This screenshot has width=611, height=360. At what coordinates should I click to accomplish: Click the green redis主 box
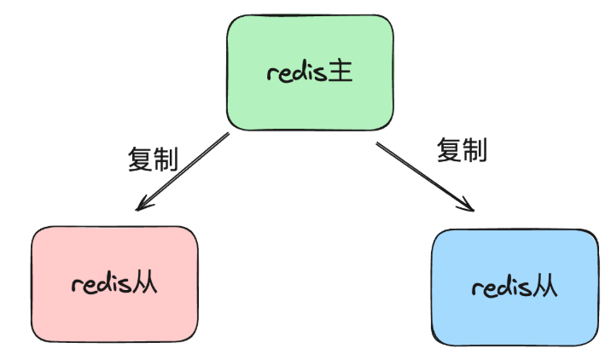click(x=310, y=73)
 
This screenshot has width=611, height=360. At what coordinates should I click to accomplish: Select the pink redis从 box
click(x=114, y=284)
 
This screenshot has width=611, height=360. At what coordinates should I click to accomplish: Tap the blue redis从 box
click(x=515, y=287)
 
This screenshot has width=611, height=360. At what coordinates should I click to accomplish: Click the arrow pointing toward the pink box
click(x=184, y=170)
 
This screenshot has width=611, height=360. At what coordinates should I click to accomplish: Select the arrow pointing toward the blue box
click(x=422, y=175)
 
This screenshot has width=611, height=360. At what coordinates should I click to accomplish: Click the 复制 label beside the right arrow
click(x=462, y=151)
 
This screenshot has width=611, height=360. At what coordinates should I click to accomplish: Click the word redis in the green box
click(x=296, y=73)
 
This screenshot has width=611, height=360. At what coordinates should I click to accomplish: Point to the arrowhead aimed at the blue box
click(x=467, y=205)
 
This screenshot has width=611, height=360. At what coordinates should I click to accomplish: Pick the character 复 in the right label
click(x=449, y=151)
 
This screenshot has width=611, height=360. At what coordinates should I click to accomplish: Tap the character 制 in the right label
click(x=474, y=151)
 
